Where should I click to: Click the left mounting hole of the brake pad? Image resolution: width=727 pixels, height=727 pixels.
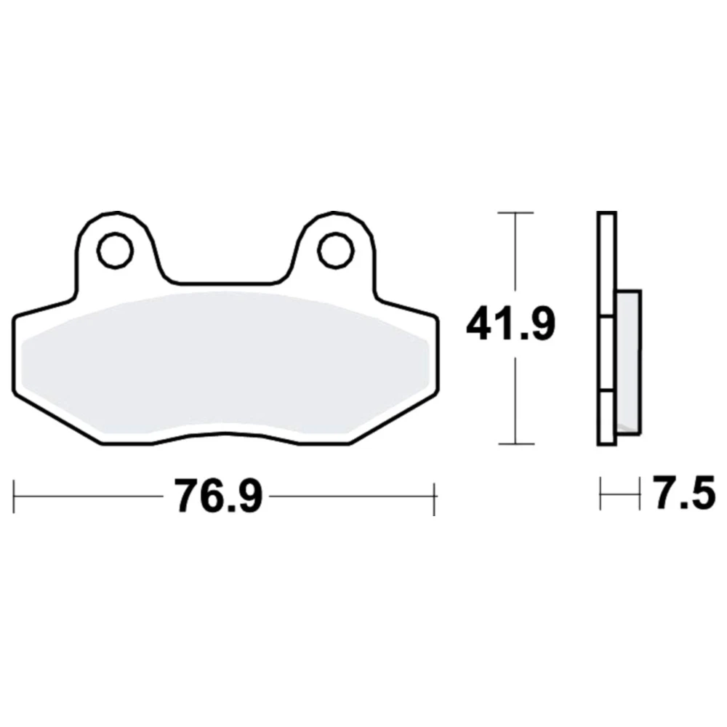tap(115, 250)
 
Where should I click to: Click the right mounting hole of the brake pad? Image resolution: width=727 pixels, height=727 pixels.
tap(336, 250)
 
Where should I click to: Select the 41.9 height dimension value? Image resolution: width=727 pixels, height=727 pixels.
tap(510, 324)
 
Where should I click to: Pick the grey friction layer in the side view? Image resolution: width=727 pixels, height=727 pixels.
tap(629, 362)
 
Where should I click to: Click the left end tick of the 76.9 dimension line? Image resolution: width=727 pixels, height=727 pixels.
tap(14, 497)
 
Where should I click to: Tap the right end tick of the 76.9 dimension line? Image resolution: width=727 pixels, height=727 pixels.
tap(434, 499)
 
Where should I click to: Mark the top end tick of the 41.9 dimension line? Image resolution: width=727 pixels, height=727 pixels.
tap(515, 213)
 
